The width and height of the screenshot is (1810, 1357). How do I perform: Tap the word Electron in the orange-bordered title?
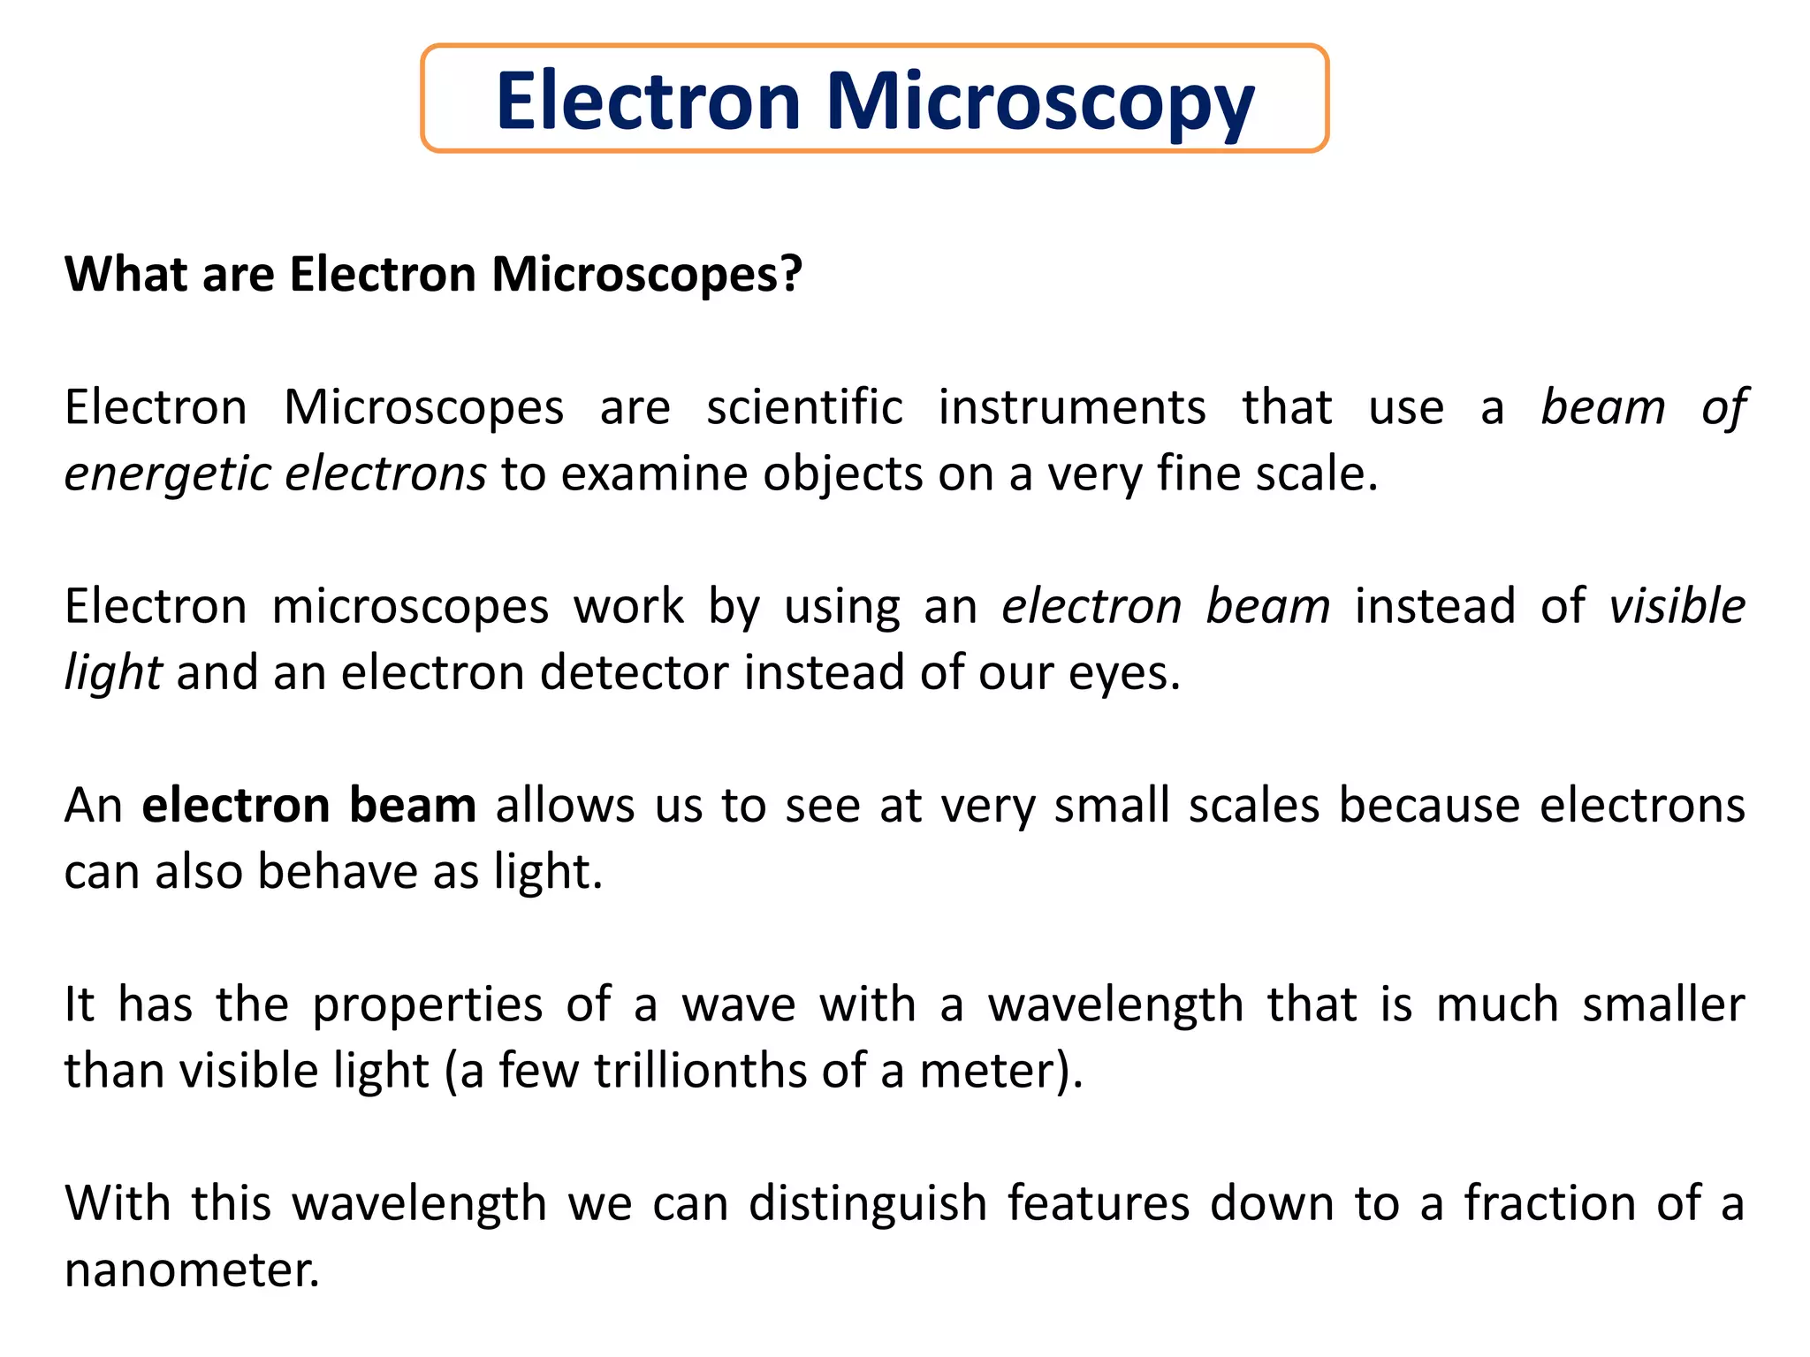[649, 101]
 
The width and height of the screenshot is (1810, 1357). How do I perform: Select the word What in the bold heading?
[125, 274]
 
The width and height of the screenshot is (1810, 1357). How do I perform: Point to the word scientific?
[804, 408]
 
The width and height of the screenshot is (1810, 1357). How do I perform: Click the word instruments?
[1072, 408]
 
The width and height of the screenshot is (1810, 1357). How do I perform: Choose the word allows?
[565, 806]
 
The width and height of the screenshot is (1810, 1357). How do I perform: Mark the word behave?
[337, 872]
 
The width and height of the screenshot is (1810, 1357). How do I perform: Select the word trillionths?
[700, 1071]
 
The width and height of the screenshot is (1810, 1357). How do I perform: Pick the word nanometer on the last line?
[190, 1270]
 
